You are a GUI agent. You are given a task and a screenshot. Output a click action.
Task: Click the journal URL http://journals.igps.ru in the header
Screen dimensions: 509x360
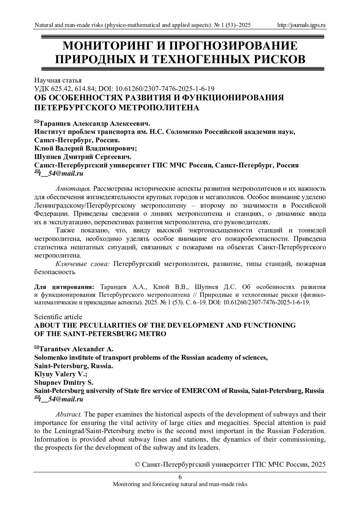click(301, 25)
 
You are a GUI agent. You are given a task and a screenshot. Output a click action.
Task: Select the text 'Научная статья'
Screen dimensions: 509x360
click(58, 80)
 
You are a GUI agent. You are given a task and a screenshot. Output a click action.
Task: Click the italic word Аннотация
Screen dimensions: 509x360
click(73, 189)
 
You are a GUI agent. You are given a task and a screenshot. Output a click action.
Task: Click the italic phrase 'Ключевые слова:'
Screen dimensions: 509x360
click(83, 264)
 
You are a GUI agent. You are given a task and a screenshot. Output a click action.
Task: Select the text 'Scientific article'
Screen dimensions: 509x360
click(58, 317)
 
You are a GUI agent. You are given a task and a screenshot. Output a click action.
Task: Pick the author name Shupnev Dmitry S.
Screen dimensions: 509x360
click(64, 382)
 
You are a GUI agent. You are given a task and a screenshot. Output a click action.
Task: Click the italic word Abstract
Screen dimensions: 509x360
click(69, 414)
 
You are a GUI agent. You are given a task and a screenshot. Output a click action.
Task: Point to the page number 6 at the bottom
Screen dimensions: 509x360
click(180, 477)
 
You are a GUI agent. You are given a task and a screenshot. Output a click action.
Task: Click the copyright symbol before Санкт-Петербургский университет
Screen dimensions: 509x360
click(138, 465)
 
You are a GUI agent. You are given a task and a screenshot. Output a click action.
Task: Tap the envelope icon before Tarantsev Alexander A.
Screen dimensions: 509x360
click(37, 348)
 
